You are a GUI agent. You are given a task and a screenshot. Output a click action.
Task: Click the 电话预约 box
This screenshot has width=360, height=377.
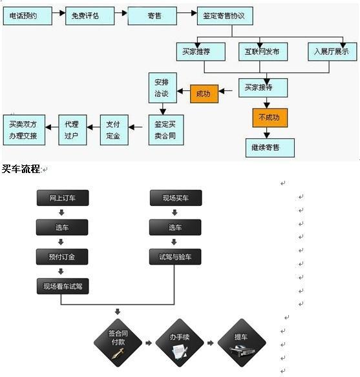[28, 16]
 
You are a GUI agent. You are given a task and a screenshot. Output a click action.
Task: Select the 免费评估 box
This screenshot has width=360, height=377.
[90, 16]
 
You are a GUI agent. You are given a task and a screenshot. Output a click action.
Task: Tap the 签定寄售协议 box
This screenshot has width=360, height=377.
[225, 16]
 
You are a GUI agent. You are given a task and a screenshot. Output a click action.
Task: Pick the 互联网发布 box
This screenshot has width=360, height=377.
[263, 52]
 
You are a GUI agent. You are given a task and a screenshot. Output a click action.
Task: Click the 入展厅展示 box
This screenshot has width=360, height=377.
[332, 52]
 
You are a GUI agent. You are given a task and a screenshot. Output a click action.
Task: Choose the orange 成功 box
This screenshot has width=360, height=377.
[204, 94]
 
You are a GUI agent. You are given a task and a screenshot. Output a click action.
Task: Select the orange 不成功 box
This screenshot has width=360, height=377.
[270, 117]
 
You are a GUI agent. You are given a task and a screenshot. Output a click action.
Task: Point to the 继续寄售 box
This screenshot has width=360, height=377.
[270, 148]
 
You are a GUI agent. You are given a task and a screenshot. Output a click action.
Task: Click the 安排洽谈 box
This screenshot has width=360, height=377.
[163, 88]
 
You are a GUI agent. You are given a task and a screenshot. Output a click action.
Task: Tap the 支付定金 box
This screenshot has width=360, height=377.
[114, 130]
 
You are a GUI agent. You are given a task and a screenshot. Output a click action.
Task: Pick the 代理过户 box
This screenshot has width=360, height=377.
[72, 130]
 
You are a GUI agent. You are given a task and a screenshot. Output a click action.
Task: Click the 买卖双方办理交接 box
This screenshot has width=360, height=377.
[24, 130]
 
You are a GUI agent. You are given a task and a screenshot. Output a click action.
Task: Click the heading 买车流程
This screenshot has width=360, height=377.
[21, 169]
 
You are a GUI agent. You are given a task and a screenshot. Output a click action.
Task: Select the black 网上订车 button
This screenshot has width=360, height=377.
[63, 198]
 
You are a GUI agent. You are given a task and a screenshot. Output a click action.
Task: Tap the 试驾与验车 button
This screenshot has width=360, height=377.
[175, 257]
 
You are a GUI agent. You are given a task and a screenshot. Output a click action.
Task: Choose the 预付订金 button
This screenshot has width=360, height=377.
[62, 257]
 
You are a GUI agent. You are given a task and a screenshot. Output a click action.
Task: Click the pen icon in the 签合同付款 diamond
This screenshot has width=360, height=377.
[118, 354]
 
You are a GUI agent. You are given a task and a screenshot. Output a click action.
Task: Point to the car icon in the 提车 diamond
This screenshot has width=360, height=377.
[242, 351]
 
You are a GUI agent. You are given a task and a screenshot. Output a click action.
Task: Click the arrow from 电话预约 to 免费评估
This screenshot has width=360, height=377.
[59, 13]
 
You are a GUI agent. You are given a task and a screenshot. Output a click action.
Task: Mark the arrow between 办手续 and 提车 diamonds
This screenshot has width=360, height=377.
[211, 343]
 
